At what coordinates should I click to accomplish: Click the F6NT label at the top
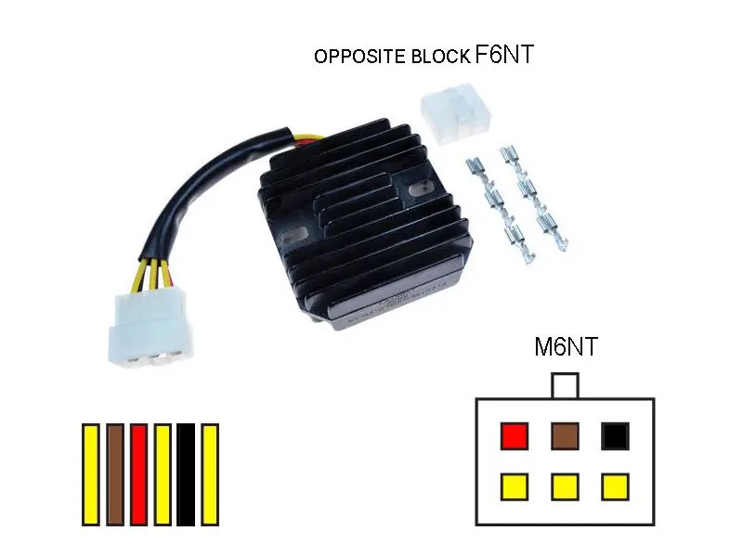tap(504, 54)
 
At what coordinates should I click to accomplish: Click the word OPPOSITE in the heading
tap(360, 57)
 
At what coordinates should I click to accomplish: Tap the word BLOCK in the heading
tap(440, 57)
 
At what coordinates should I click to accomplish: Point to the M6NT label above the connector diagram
tap(566, 346)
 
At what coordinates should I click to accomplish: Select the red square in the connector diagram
tap(515, 436)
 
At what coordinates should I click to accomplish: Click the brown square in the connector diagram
tap(565, 436)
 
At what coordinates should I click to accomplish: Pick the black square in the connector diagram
tap(616, 436)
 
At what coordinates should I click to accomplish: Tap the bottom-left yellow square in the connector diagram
tap(515, 486)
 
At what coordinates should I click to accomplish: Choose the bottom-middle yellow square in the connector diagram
tap(565, 486)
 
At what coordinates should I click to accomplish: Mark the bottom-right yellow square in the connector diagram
tap(616, 486)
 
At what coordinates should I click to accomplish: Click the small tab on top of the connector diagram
tap(566, 385)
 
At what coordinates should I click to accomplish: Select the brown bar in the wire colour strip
tap(115, 474)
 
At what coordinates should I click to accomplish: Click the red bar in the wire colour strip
tap(138, 474)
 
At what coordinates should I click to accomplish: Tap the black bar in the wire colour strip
tap(186, 474)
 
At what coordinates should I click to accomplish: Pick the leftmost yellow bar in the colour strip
tap(90, 474)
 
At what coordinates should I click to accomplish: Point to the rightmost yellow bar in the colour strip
tap(210, 474)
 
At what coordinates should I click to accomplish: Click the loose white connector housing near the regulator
tap(455, 113)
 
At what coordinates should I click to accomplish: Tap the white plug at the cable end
tap(150, 328)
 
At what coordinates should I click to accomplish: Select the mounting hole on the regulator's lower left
tap(293, 235)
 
